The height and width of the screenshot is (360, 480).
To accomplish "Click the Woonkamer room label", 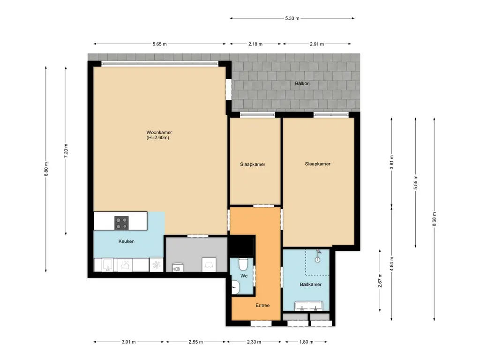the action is [159, 133].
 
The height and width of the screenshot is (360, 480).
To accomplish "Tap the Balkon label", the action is [302, 83].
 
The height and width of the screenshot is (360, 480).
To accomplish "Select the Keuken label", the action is [127, 241].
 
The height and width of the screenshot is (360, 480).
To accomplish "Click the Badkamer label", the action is [311, 285].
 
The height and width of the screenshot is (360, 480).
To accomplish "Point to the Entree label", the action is [262, 305].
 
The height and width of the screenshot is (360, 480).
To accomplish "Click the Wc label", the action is [244, 276].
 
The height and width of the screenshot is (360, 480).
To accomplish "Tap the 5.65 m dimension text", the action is [160, 44].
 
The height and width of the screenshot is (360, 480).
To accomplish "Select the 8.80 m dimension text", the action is [46, 169].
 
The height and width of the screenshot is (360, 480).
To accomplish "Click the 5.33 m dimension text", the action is [292, 18].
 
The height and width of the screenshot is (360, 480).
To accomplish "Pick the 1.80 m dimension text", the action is [306, 342].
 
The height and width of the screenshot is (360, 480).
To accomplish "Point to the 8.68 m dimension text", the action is [435, 219].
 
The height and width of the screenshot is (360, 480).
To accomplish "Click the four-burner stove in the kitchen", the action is [121, 223].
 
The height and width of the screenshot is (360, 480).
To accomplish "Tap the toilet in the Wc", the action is [243, 264].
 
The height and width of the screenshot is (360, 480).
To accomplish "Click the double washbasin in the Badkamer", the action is [308, 306].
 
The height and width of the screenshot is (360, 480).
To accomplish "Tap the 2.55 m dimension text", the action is [195, 342].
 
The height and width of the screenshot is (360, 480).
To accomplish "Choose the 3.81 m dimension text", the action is [392, 162].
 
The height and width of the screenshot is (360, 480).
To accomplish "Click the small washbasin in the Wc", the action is [235, 287].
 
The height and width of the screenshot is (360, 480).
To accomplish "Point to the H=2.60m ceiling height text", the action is [158, 138].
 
